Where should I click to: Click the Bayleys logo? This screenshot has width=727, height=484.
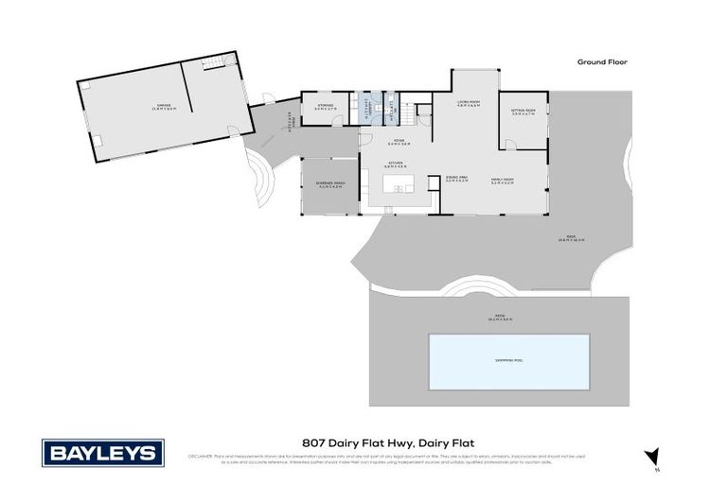[102, 453]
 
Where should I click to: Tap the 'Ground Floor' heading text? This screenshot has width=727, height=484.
[602, 62]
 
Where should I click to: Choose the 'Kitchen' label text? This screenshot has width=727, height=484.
[396, 164]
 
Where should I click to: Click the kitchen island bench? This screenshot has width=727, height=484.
[400, 188]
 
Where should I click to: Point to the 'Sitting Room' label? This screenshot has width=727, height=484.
[524, 112]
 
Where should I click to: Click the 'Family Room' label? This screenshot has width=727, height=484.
[502, 179]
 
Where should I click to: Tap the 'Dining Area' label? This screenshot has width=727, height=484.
[457, 179]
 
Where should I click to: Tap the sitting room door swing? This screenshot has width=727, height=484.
[510, 145]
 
